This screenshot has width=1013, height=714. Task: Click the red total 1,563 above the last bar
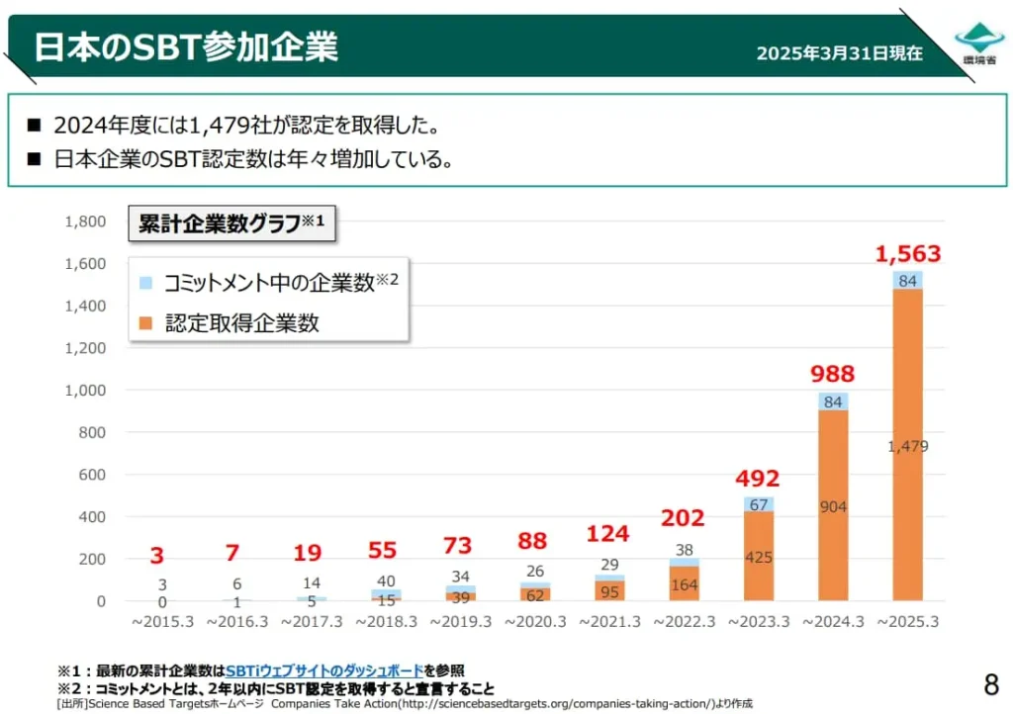[x=907, y=254]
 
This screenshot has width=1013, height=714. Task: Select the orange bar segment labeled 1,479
[x=907, y=445]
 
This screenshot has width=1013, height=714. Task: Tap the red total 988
[x=832, y=374]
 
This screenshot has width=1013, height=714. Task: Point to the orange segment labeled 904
[x=833, y=506]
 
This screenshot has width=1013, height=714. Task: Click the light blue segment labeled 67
[x=759, y=504]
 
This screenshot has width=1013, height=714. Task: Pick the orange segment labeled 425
[x=759, y=557]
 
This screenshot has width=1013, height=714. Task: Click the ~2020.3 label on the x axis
[x=536, y=621]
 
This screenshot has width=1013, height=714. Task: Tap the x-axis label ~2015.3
[x=161, y=621]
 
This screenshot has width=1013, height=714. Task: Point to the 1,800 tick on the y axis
[x=85, y=222]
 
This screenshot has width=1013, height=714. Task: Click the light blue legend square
[x=145, y=283]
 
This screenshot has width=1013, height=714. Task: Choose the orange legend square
[x=145, y=321]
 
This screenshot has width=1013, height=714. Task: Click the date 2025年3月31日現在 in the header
[x=839, y=52]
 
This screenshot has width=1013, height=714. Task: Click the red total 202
[x=683, y=518]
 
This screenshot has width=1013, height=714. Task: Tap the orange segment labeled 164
[x=684, y=584]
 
